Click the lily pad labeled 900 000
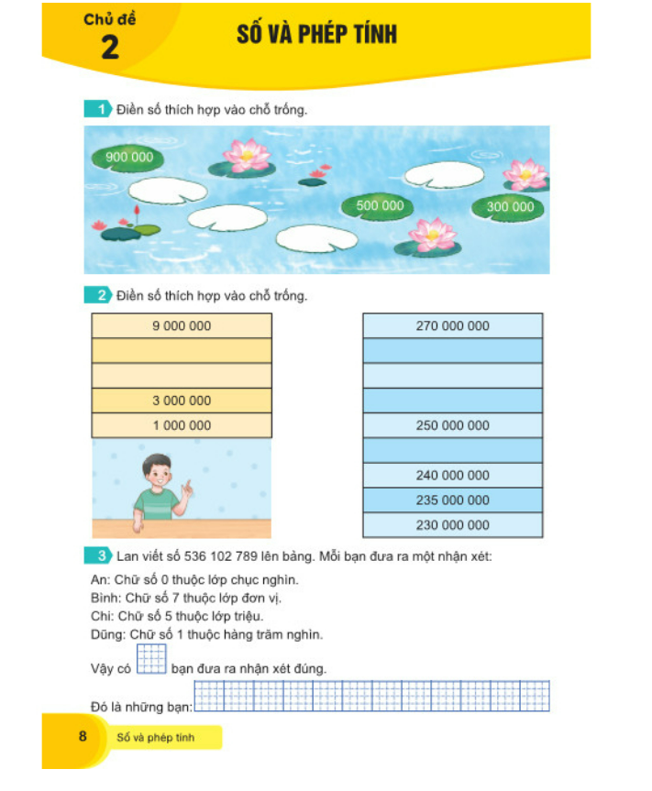coord(129,159)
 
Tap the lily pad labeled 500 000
coord(379,206)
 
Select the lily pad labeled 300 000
coord(510,207)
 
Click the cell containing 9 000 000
coord(182,325)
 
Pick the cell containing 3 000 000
coord(182,401)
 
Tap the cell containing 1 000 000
coord(182,425)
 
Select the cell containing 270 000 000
coord(452,325)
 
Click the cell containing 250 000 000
coord(452,425)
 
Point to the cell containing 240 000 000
coord(452,476)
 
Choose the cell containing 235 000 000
coord(452,500)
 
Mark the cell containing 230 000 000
coord(452,525)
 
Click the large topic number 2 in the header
coord(110,47)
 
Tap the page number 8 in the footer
coord(83,736)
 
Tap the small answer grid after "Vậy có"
coord(151,660)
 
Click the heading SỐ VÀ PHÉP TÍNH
coord(316,35)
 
